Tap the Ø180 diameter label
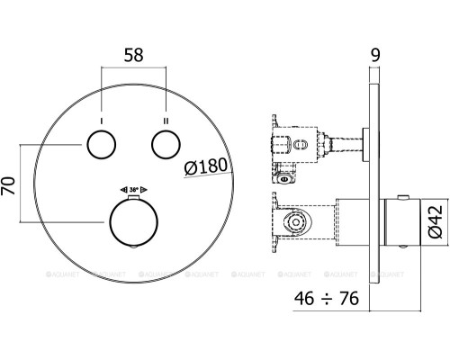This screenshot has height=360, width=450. [205, 166]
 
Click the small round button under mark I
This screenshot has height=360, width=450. [101, 144]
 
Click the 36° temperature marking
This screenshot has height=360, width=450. [134, 191]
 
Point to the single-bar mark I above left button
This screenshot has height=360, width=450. [101, 119]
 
